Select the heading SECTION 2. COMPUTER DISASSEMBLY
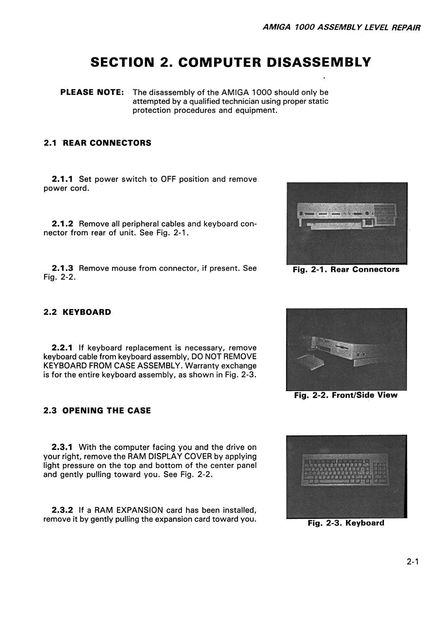click(x=230, y=62)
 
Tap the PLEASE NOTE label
click(x=92, y=92)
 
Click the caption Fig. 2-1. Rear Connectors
click(x=346, y=269)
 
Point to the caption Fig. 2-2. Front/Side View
click(x=346, y=395)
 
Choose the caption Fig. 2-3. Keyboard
click(x=346, y=523)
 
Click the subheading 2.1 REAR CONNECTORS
click(x=97, y=143)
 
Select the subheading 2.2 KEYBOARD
click(x=77, y=312)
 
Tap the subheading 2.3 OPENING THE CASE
click(x=97, y=411)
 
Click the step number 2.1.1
click(x=63, y=179)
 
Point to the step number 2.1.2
click(x=63, y=224)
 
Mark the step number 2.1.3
click(x=63, y=268)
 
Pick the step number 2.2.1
click(x=63, y=348)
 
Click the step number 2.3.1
click(x=63, y=447)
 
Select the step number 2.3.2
click(x=63, y=510)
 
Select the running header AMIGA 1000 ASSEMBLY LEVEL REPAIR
click(x=341, y=28)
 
